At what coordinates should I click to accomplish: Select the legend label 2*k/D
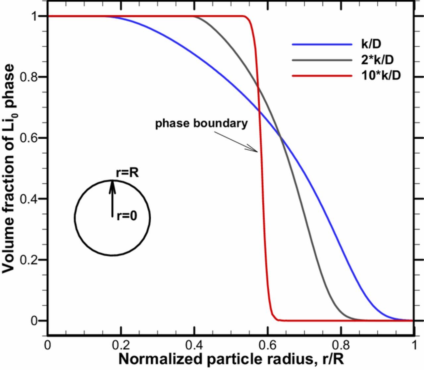pos(380,60)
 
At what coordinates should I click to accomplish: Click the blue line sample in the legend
pos(322,44)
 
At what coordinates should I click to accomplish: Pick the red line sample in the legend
pos(322,76)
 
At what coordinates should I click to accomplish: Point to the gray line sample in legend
pos(322,60)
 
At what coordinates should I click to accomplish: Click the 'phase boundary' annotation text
pos(201,123)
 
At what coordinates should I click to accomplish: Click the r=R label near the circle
pos(128,173)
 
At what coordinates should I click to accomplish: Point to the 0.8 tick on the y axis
pos(30,77)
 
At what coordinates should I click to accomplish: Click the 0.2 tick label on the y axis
pos(30,260)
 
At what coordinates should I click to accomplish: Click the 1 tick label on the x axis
pos(413,345)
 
